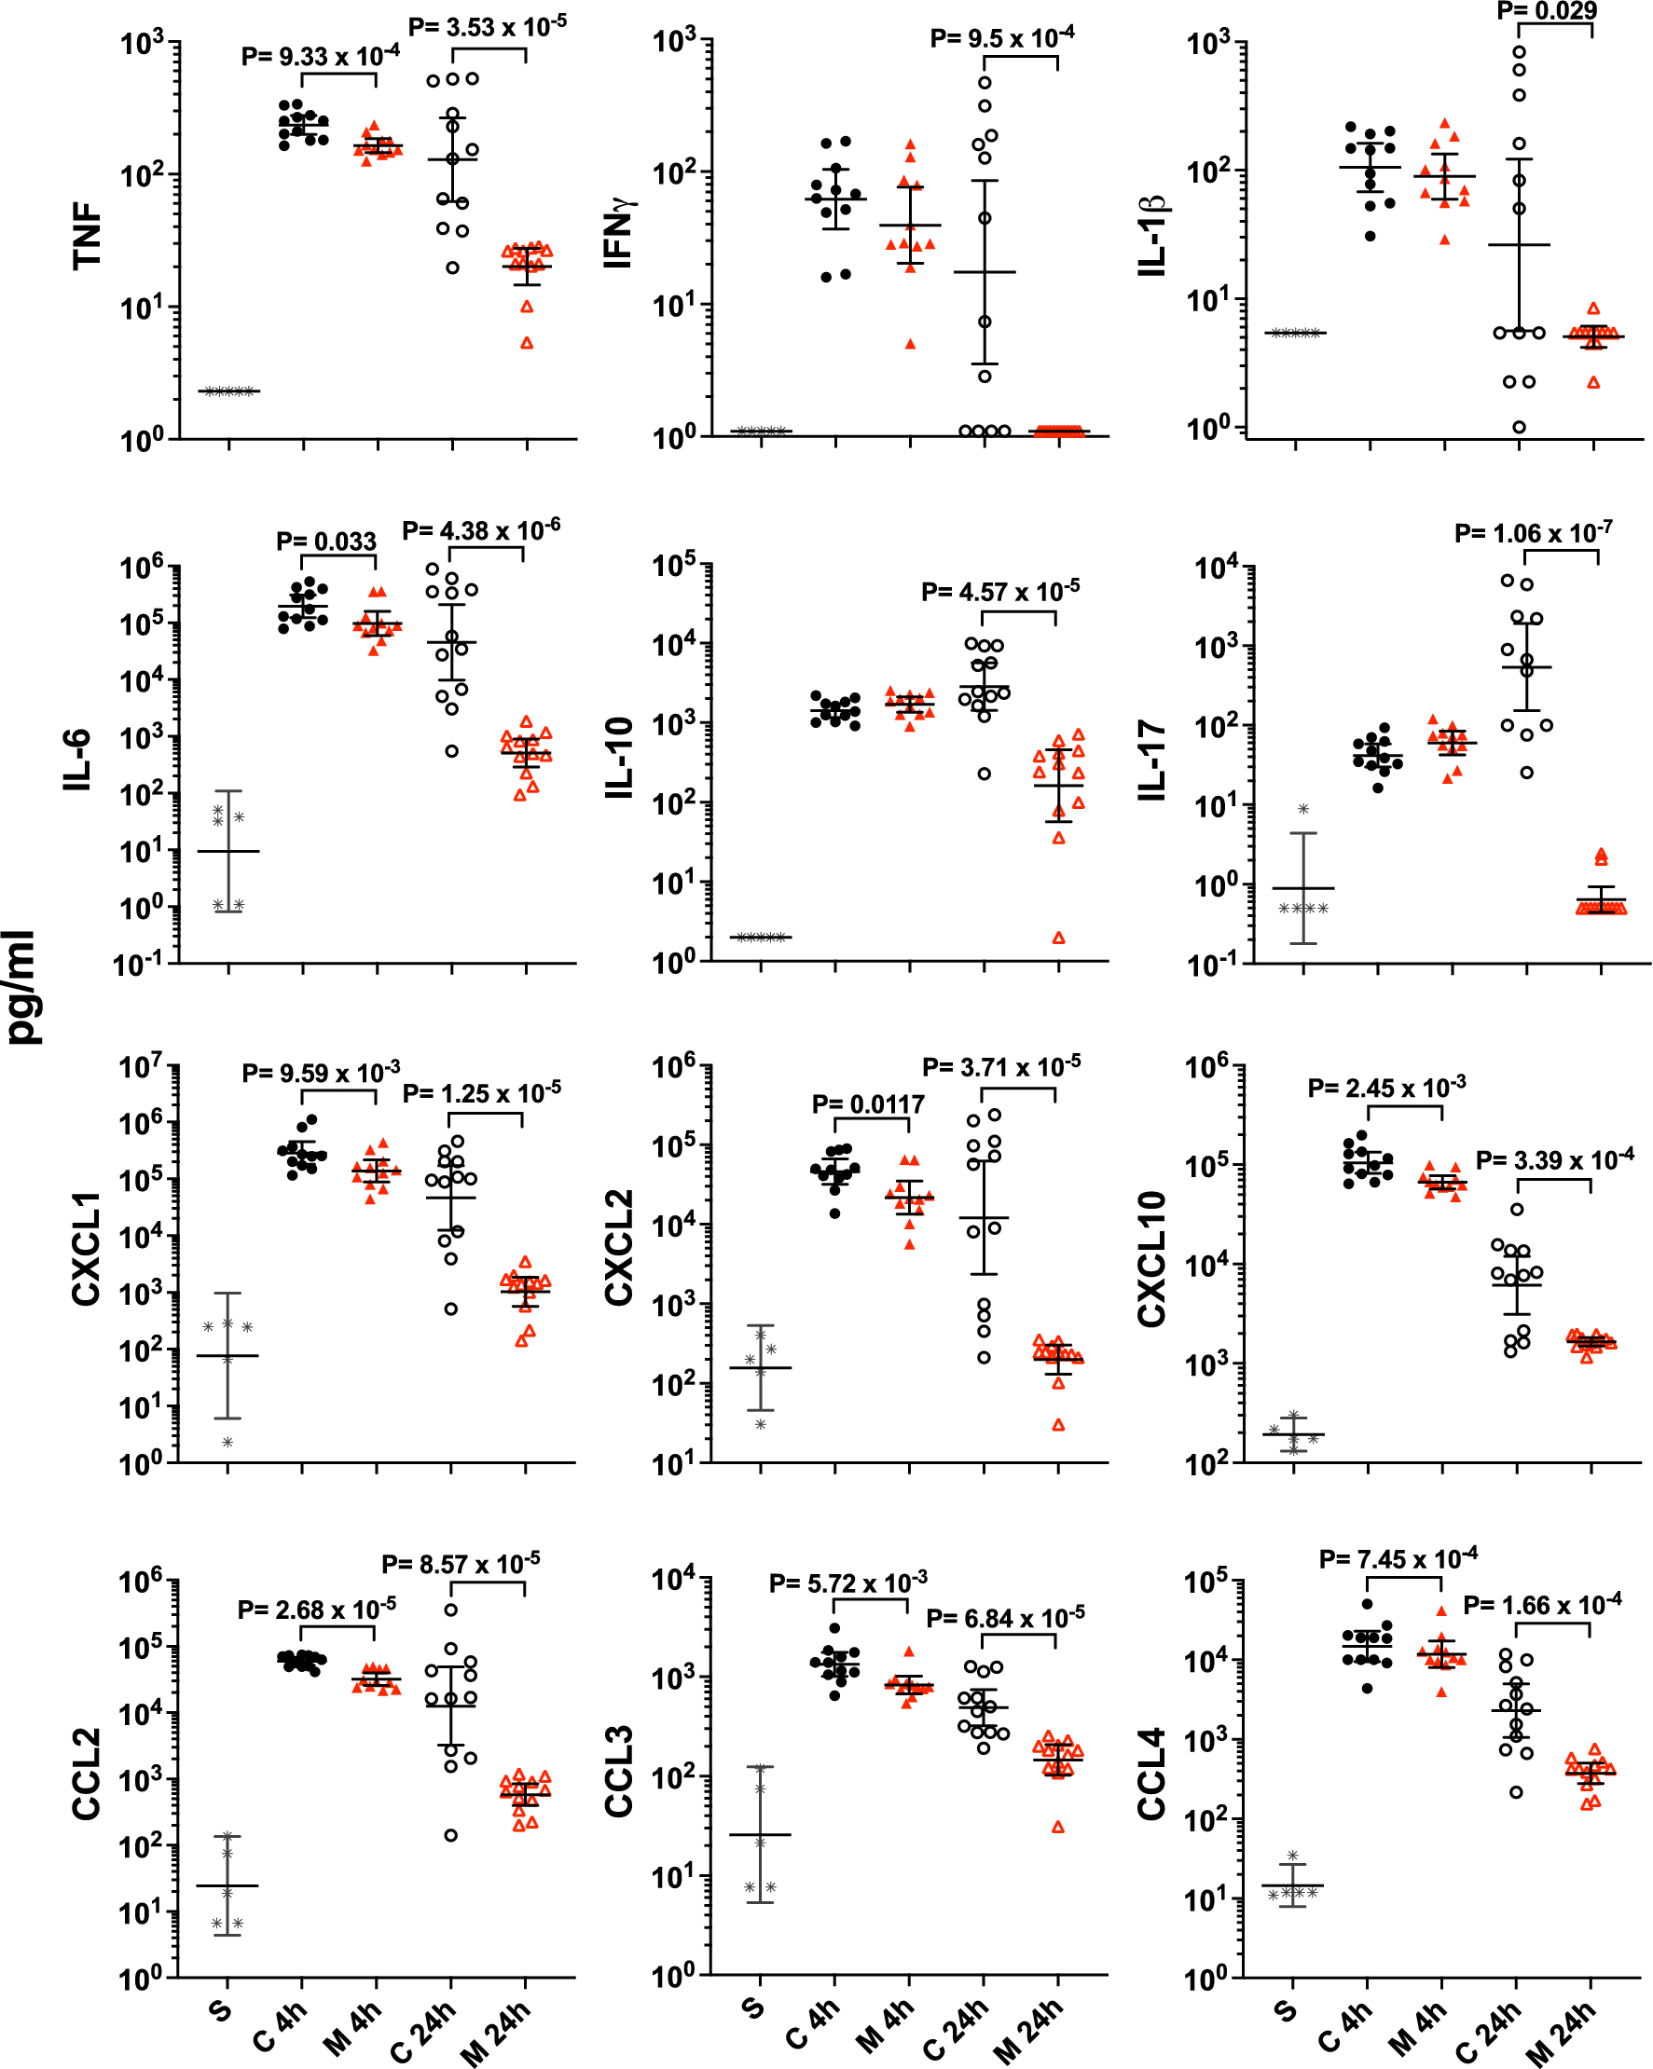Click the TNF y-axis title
tap(87, 234)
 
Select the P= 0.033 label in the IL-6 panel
tap(326, 541)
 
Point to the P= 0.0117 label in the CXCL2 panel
tap(868, 1104)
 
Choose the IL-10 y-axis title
tap(619, 758)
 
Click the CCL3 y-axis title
tap(619, 1771)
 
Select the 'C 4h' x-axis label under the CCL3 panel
tap(813, 2024)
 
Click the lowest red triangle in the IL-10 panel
tap(1059, 938)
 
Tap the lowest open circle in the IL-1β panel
tap(1519, 427)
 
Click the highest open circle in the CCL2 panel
tap(451, 1610)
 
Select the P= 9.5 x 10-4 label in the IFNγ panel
tap(1001, 38)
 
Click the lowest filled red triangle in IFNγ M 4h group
tap(910, 344)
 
